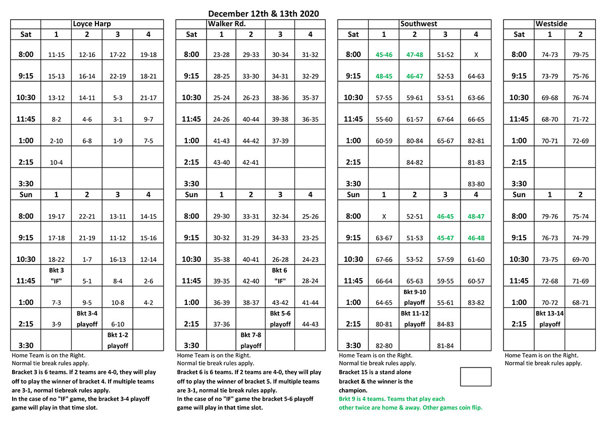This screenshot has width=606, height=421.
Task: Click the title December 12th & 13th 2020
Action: tap(263, 14)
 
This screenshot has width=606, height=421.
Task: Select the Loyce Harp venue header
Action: tap(92, 24)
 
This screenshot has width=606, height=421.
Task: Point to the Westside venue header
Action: tap(551, 24)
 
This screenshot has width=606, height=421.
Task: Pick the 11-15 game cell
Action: tap(56, 55)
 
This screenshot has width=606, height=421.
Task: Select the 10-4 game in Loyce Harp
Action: tap(56, 163)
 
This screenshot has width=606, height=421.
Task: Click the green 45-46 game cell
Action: tap(384, 55)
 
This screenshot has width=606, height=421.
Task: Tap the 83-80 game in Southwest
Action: tap(476, 184)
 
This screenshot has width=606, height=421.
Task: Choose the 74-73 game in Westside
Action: tap(549, 55)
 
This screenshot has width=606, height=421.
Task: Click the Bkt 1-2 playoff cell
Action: tap(118, 340)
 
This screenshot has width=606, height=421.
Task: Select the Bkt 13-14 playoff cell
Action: tap(549, 319)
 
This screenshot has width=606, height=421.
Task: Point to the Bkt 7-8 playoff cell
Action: tap(251, 340)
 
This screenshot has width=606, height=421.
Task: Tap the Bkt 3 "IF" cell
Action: tap(56, 275)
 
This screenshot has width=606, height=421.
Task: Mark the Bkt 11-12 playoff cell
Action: tap(415, 319)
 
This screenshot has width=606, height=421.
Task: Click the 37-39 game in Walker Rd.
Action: tap(280, 141)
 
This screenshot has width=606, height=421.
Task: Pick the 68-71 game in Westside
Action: tap(581, 303)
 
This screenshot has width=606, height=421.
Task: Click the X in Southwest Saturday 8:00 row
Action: tap(476, 55)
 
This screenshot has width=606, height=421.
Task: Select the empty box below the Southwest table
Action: tap(476, 377)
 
